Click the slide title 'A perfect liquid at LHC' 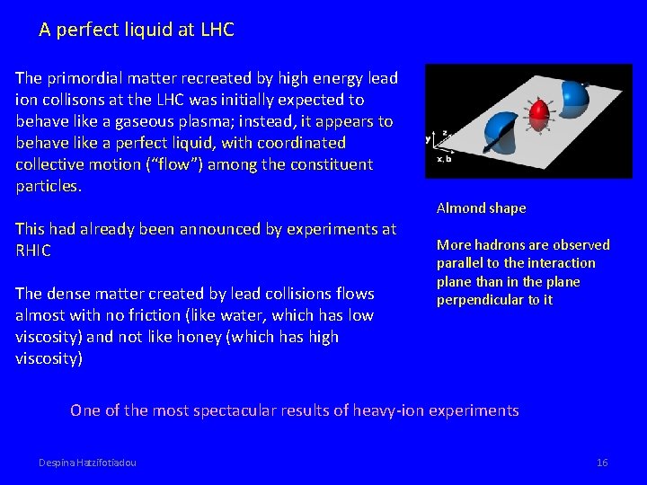(x=137, y=30)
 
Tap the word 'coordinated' (x=301, y=143)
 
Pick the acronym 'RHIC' (x=33, y=251)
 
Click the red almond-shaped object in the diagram (x=537, y=116)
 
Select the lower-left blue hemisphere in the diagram (x=500, y=132)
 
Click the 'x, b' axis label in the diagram (x=445, y=159)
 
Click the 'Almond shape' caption (x=481, y=208)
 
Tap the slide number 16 (x=602, y=463)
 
